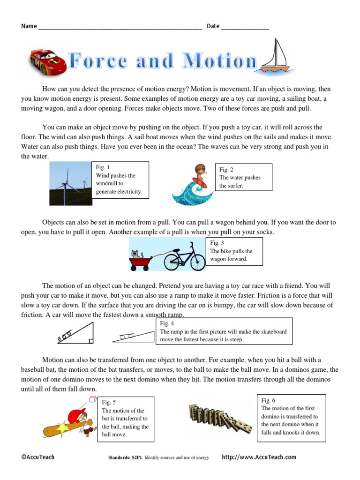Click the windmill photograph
(x=71, y=183)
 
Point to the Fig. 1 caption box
(x=120, y=180)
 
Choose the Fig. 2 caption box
(x=243, y=177)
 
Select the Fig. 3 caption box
(x=234, y=251)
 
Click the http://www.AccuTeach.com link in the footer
(x=259, y=457)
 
